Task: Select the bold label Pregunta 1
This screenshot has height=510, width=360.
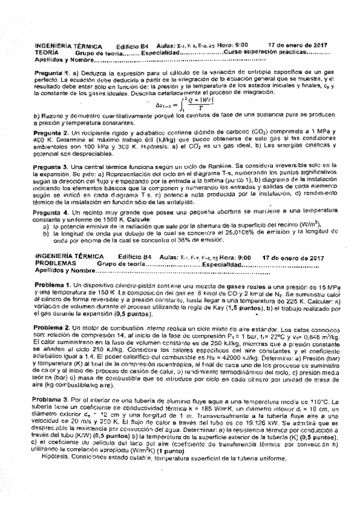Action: tap(52, 72)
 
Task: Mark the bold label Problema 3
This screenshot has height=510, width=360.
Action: tap(52, 401)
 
